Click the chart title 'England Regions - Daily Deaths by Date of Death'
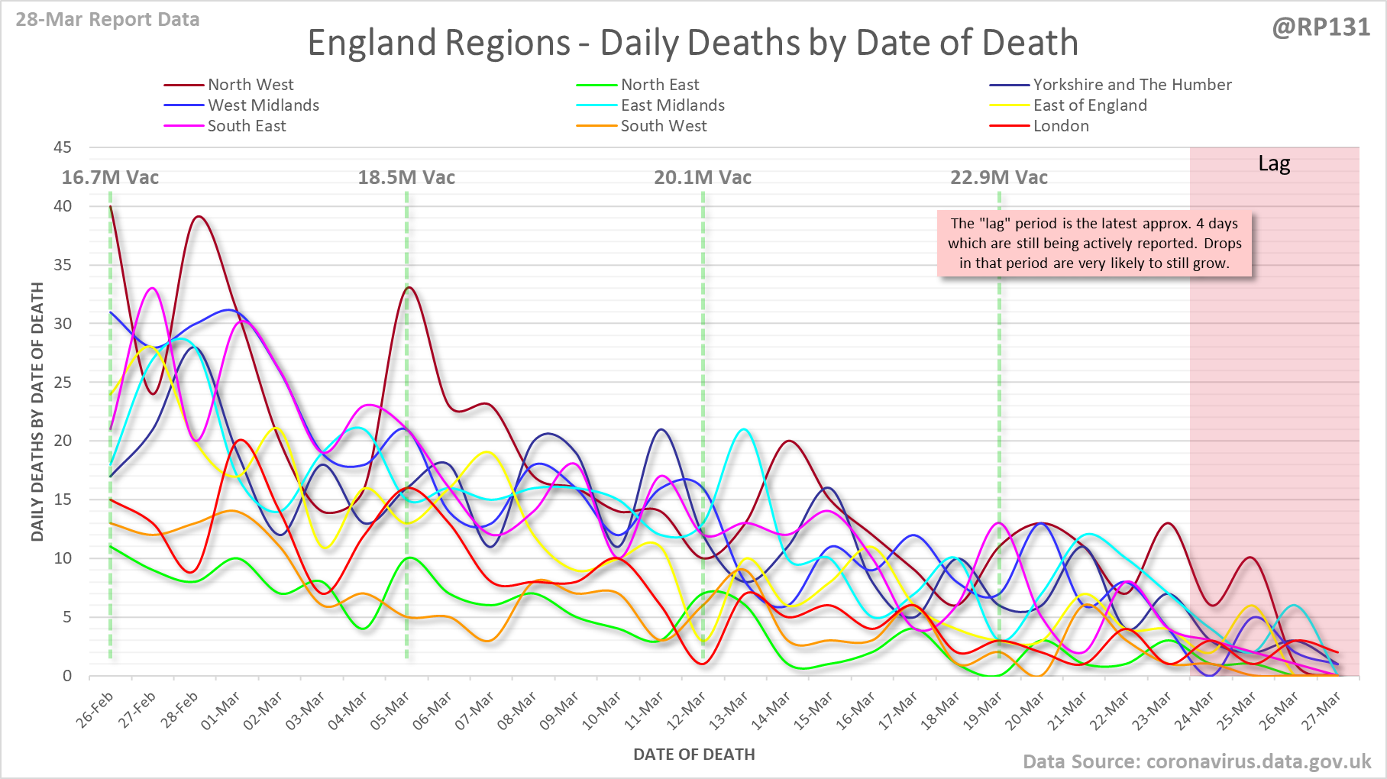point(693,43)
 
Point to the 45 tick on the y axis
point(63,147)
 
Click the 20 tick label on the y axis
point(63,441)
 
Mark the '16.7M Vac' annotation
point(110,178)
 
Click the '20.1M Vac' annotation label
point(703,178)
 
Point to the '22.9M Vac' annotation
point(999,178)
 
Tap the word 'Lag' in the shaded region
point(1274,164)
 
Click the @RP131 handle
point(1321,27)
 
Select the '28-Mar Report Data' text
point(108,20)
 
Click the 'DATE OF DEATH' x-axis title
point(693,755)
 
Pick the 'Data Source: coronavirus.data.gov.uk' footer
point(1197,761)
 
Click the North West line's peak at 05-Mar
point(409,287)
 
